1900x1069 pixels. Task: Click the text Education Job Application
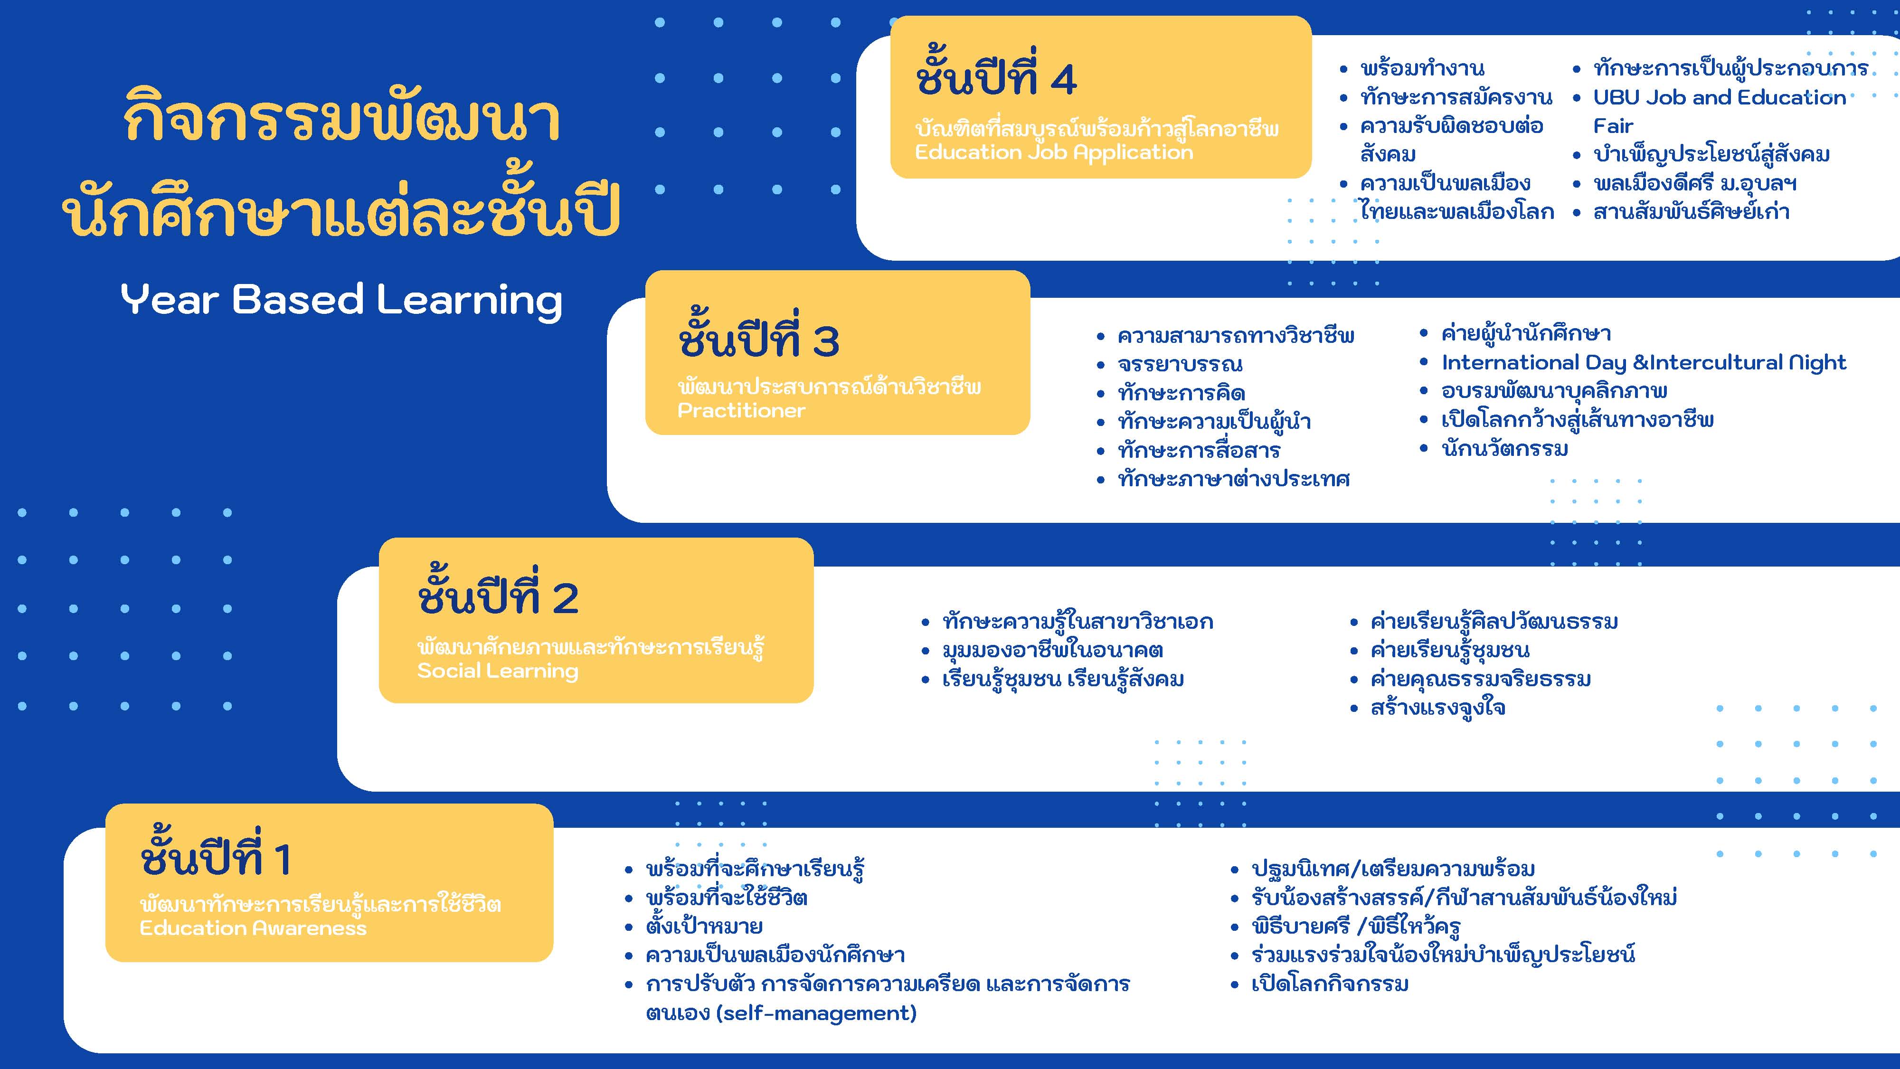[1054, 153]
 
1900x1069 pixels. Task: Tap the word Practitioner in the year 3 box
[741, 410]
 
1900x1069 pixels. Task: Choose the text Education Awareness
[253, 928]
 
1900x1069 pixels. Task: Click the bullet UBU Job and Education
[1719, 97]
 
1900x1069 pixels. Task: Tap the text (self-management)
[816, 1013]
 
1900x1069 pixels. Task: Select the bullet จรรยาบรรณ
[1180, 364]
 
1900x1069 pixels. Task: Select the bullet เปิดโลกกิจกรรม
[1330, 984]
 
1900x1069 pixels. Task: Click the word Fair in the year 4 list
[1613, 126]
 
